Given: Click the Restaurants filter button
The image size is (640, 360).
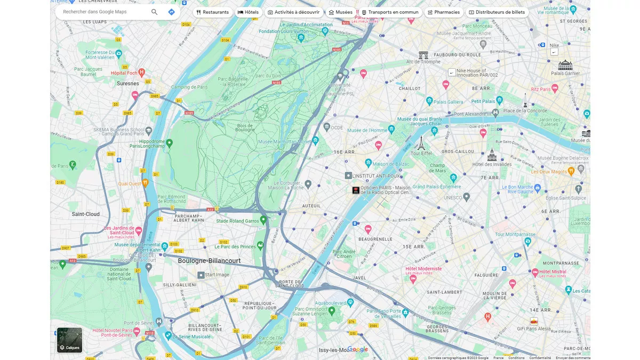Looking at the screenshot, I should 213,12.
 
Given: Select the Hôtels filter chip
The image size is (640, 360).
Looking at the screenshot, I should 248,12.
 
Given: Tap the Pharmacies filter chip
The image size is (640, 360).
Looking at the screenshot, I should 443,12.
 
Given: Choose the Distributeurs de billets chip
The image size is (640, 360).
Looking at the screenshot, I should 497,12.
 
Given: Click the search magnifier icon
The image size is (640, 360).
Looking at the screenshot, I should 154,12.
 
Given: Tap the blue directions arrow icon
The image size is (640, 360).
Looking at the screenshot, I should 171,12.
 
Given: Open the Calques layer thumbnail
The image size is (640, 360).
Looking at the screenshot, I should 70,340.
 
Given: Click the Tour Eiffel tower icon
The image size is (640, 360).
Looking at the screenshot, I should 421,143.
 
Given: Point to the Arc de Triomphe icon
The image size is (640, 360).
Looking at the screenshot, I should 423,55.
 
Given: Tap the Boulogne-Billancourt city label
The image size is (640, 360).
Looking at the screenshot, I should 209,261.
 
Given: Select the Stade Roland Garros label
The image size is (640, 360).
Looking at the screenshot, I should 237,221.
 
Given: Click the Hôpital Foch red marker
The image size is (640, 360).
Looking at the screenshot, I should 141,72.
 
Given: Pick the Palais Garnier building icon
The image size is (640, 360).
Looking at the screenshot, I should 565,65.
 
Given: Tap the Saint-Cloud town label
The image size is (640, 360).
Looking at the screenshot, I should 86,214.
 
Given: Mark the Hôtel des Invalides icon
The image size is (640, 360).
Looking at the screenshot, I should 492,155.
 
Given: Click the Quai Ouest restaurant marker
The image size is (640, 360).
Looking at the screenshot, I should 145,183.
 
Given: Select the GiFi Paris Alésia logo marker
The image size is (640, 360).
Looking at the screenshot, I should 534,321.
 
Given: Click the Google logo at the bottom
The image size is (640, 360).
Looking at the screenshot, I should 358,349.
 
